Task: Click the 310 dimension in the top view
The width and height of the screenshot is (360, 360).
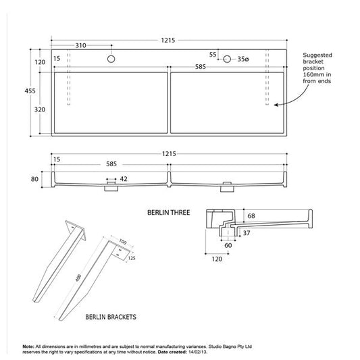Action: (x=80, y=46)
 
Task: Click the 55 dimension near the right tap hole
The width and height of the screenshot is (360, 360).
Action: (x=213, y=54)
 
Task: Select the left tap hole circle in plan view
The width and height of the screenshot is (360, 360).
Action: (x=110, y=59)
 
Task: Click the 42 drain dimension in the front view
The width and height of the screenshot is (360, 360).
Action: (x=124, y=179)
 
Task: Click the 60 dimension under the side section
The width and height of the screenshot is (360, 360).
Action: (x=228, y=245)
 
